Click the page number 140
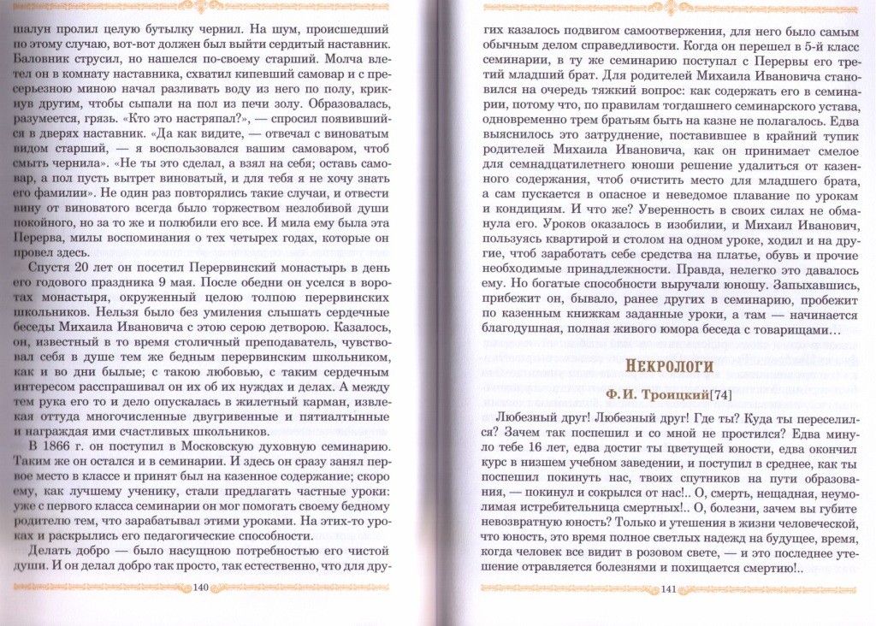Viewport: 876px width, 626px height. click(202, 588)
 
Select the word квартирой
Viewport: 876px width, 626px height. click(581, 251)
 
